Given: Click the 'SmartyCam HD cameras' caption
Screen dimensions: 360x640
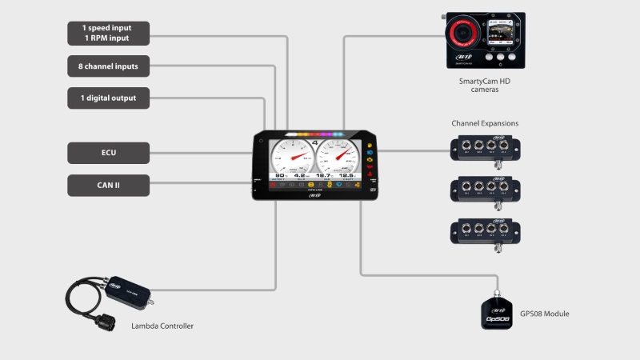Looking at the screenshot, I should pos(484,86).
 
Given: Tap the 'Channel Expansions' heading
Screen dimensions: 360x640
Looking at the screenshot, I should pos(485,124).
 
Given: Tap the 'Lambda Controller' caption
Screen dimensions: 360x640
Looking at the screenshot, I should pos(162,326).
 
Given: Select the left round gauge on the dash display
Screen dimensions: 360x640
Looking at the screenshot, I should pos(292,154).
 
